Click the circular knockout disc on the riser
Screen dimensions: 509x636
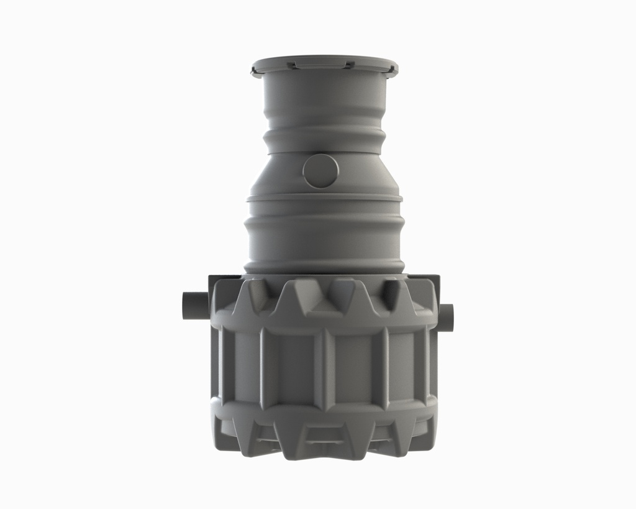(320, 172)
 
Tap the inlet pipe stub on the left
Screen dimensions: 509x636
(194, 306)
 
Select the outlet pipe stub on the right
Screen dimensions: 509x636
(446, 317)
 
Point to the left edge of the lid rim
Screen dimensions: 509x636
(253, 70)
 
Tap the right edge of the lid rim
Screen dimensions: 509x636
(396, 70)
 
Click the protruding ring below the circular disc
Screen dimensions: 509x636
(324, 199)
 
